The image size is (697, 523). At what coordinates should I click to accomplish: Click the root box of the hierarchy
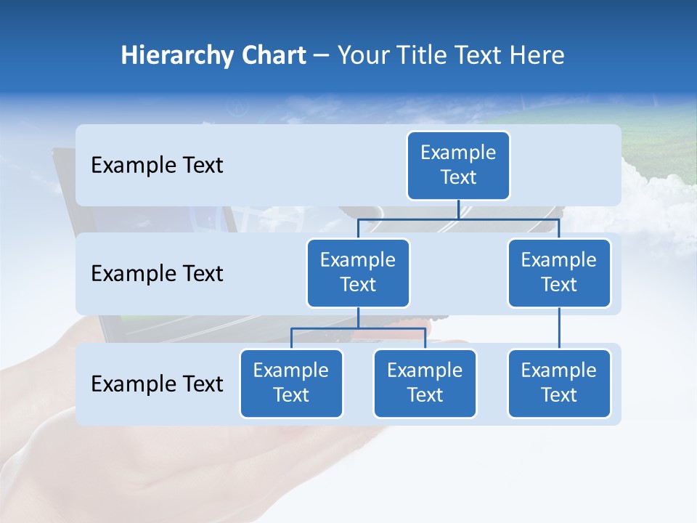point(458,166)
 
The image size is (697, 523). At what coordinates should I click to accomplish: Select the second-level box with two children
point(358,273)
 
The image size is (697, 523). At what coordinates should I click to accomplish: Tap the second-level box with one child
point(559,273)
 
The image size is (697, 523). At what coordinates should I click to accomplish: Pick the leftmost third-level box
point(291,384)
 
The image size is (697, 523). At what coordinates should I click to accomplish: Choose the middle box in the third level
point(425,384)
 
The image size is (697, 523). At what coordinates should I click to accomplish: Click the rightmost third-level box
point(559,384)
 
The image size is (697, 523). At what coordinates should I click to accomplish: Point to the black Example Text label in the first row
point(157,166)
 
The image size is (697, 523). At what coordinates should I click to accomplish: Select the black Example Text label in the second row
point(157,274)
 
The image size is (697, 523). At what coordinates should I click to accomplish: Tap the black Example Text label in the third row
point(157,384)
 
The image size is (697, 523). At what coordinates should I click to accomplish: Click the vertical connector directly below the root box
point(458,209)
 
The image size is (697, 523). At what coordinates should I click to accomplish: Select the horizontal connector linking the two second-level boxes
point(458,219)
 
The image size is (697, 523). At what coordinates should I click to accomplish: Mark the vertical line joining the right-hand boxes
point(559,328)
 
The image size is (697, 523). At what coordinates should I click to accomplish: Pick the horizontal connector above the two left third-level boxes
point(358,328)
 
